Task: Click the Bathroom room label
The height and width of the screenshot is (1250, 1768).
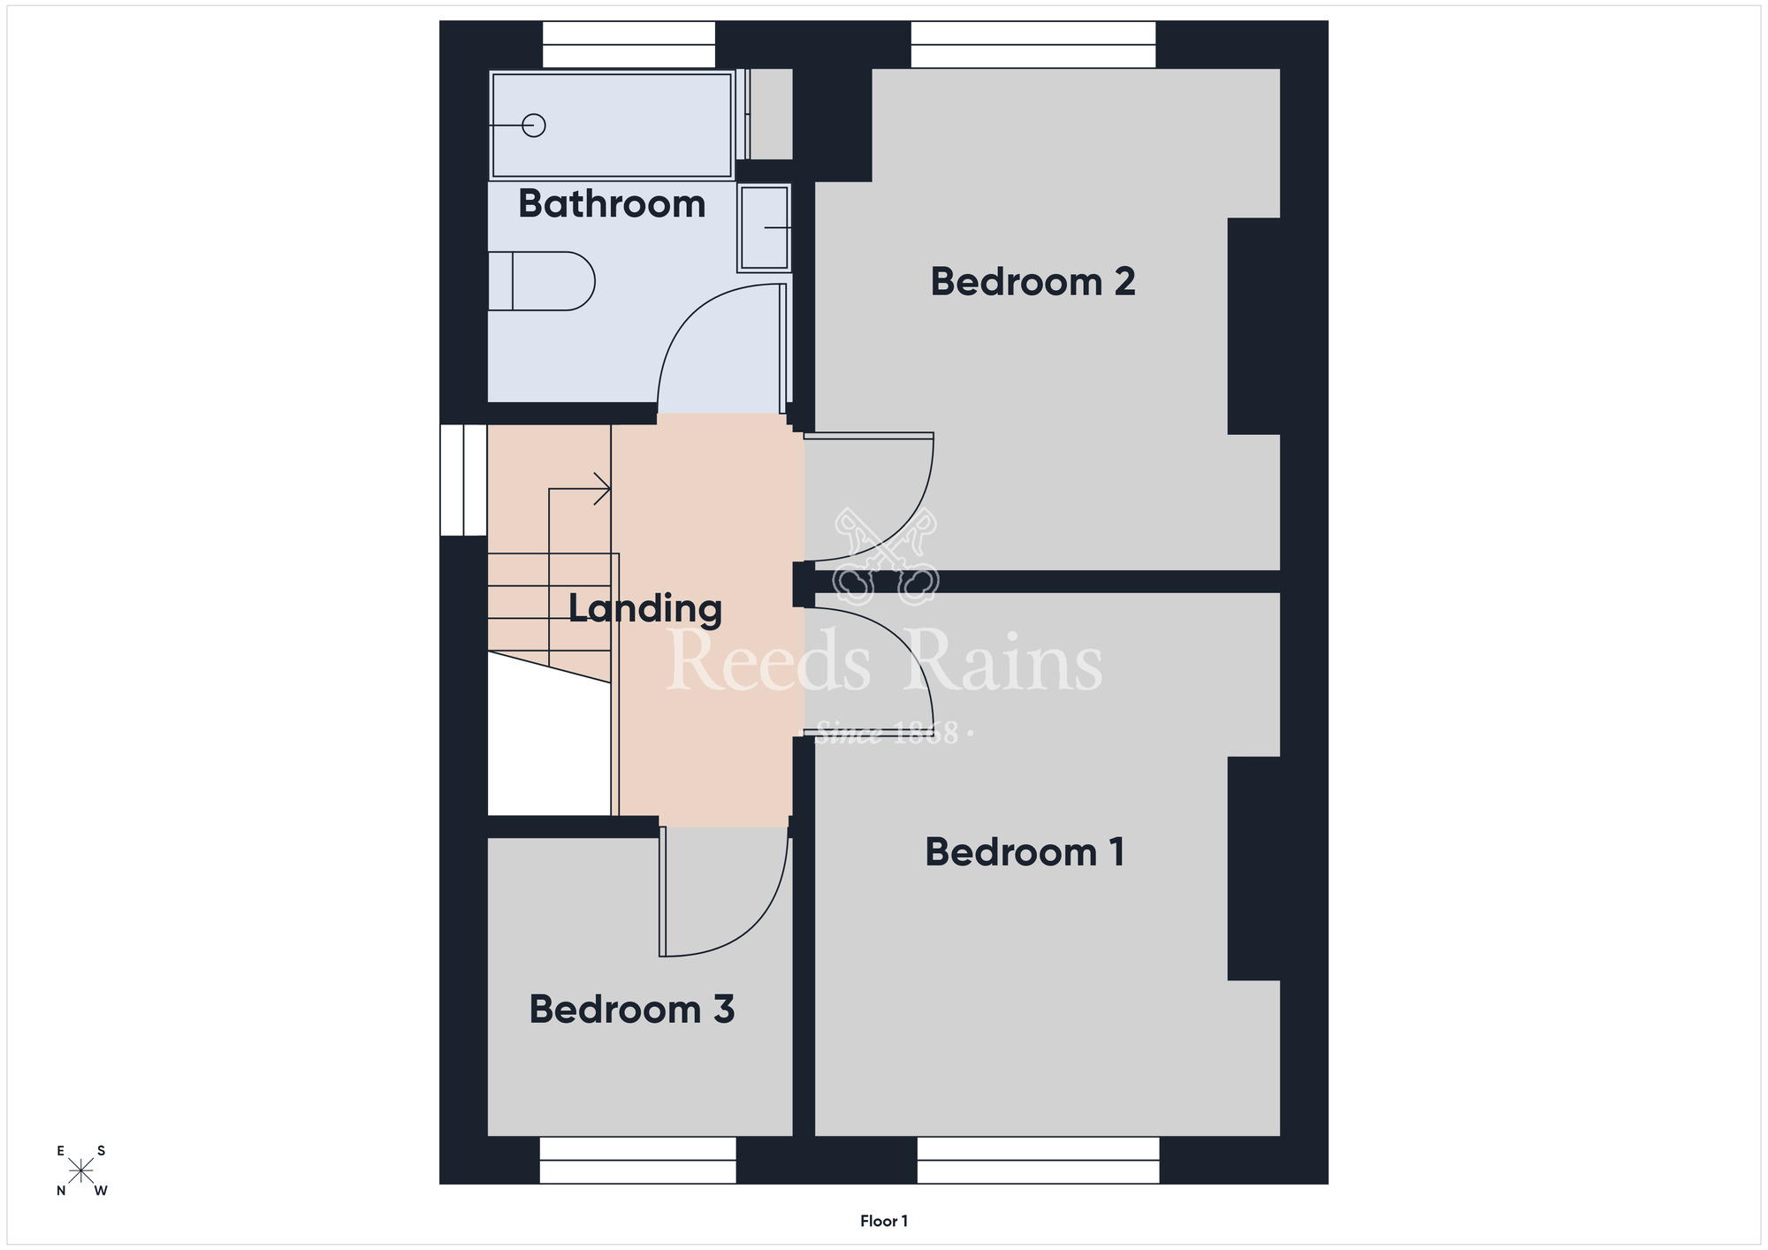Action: [612, 204]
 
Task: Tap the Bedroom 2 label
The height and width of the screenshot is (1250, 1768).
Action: [1033, 282]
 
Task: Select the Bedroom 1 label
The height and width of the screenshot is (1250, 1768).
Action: [1025, 852]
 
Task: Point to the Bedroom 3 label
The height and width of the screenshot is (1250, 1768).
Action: [631, 1010]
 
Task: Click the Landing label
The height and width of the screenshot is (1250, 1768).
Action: [644, 609]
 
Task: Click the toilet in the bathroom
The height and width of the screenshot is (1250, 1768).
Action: [541, 281]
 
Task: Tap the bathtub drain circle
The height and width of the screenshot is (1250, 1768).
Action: [533, 126]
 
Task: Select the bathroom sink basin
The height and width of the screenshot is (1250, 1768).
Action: [764, 227]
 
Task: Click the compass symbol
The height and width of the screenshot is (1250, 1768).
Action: [81, 1170]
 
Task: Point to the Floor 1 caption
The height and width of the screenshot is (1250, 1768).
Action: [884, 1221]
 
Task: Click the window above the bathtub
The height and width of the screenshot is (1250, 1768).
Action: [629, 44]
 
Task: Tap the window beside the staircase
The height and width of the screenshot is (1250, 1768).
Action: [463, 480]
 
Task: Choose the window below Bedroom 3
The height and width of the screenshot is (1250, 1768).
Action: [637, 1160]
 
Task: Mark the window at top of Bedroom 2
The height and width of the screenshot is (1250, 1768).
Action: [1033, 44]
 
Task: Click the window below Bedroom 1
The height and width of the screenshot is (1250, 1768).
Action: [1039, 1160]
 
